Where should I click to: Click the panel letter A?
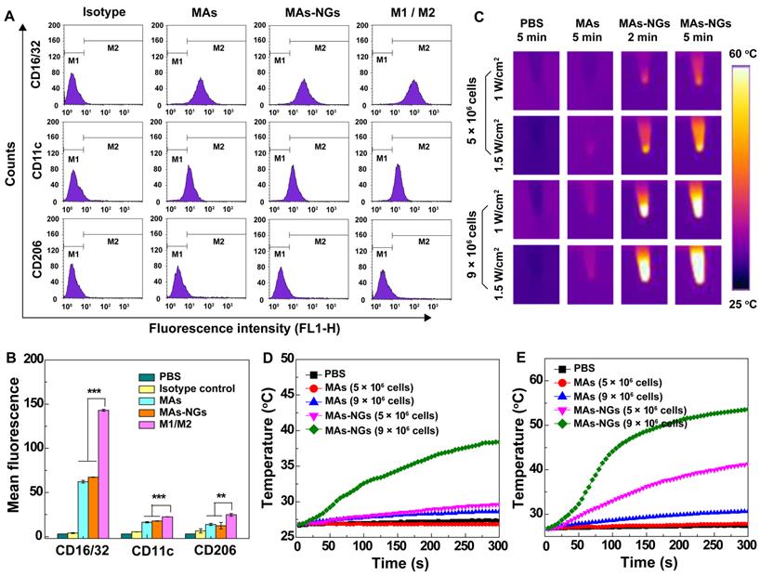pyautogui.click(x=11, y=13)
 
